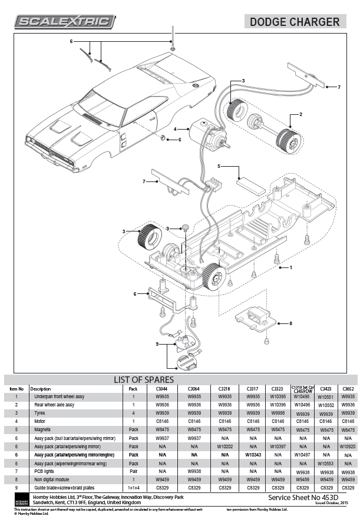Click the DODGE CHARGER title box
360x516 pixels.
tap(294, 22)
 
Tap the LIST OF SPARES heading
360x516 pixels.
tap(143, 379)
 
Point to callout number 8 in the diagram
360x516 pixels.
tap(290, 323)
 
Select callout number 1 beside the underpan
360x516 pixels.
tap(290, 267)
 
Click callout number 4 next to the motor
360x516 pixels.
tap(175, 128)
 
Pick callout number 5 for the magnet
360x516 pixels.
tap(219, 167)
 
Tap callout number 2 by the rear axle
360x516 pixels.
tap(300, 114)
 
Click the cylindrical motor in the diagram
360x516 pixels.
tap(203, 134)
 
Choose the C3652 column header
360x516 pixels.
tap(348, 389)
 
